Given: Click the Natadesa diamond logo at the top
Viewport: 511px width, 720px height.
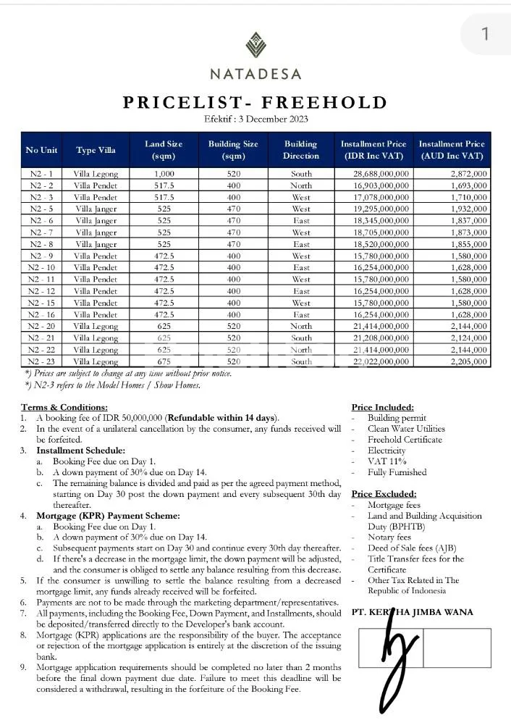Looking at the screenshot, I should tap(255, 45).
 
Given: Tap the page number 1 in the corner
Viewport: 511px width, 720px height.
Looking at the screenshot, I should tap(485, 33).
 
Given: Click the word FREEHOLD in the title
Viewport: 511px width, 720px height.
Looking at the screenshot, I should tap(326, 101).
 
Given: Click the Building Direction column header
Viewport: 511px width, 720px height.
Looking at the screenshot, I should tap(301, 150).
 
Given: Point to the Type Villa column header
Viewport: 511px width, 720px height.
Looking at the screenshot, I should tap(96, 150).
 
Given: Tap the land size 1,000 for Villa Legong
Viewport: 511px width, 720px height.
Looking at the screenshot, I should tap(164, 174).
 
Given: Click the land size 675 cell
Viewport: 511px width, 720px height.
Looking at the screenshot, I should tap(164, 361).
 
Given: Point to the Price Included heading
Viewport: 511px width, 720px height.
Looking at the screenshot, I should tap(382, 408).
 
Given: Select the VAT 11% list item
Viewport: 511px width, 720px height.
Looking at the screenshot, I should tap(387, 461).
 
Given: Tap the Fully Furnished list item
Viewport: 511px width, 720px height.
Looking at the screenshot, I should tap(397, 472).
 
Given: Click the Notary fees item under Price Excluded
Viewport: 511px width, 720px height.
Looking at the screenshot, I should tap(389, 537).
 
